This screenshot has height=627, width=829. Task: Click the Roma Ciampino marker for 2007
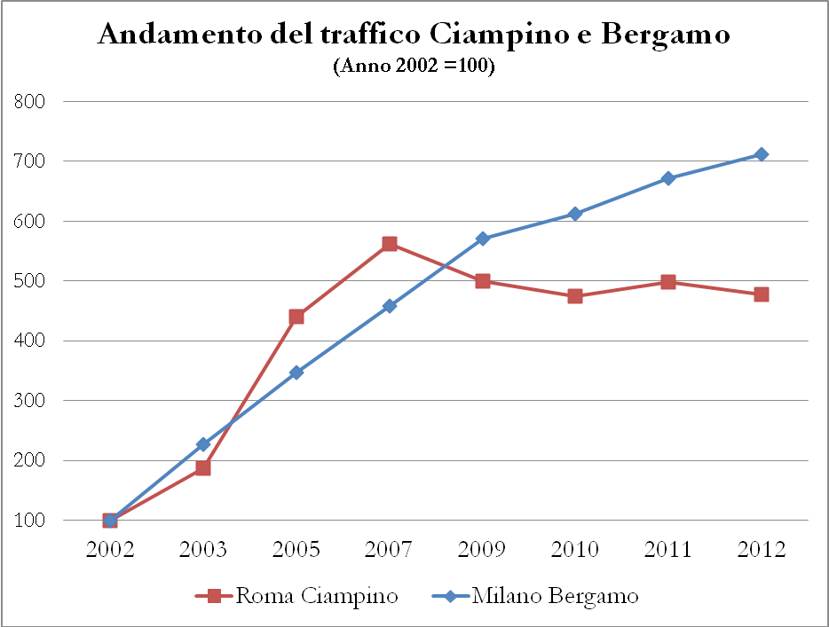coord(389,244)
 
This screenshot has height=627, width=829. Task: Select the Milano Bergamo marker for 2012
coord(761,154)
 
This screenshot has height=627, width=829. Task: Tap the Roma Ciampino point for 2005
coord(296,317)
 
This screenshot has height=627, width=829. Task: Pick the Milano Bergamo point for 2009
coord(482,239)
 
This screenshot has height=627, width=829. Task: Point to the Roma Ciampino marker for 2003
coord(203,467)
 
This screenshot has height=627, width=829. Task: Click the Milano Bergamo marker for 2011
coord(667,178)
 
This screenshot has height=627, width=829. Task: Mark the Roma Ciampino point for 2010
coord(575,296)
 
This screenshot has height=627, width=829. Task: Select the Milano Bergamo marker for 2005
coord(296,372)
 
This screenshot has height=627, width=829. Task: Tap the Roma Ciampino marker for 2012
coord(761,294)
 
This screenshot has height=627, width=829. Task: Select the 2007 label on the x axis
coord(389,550)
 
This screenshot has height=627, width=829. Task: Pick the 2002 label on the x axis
coord(110,550)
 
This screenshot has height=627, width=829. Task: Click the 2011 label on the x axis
coord(667,550)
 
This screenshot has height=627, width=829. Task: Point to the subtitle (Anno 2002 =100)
coord(414,67)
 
